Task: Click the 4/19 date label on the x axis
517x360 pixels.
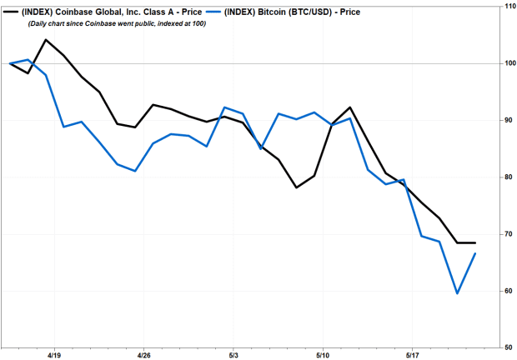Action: pyautogui.click(x=54, y=354)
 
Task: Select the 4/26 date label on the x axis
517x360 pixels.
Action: pyautogui.click(x=143, y=354)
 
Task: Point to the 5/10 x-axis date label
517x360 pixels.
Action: pyautogui.click(x=322, y=354)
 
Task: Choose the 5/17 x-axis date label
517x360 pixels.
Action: pyautogui.click(x=411, y=354)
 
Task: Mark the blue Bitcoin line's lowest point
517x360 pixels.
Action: pyautogui.click(x=457, y=293)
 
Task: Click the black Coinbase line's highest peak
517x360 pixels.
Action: pyautogui.click(x=45, y=40)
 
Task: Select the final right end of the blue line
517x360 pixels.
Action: pyautogui.click(x=475, y=253)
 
